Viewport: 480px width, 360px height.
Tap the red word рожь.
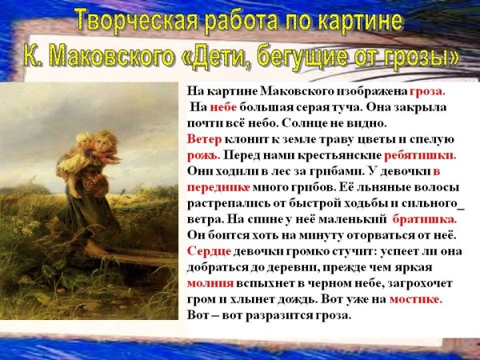[201, 154]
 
